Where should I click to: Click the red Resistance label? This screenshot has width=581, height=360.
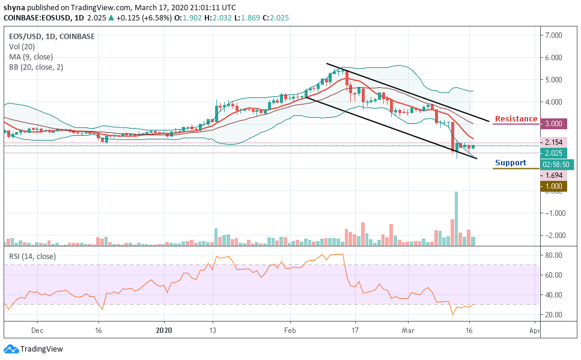coord(515,119)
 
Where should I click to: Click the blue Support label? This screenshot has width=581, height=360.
coord(510,163)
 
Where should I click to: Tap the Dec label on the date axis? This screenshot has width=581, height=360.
coord(37,330)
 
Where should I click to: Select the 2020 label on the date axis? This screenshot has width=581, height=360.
coord(163,330)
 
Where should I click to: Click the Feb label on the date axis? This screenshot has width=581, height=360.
coord(290,330)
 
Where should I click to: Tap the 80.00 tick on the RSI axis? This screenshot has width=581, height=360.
coord(555,255)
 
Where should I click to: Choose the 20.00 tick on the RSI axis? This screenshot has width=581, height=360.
coord(555,314)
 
